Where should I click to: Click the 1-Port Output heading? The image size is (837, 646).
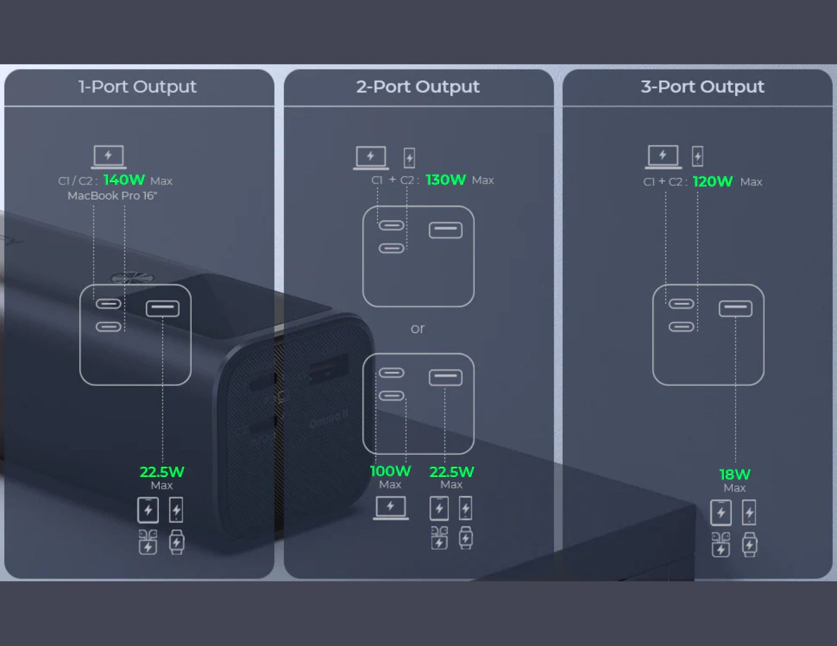[137, 87]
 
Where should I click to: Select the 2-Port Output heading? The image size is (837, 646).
[418, 87]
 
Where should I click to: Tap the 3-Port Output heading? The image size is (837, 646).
[702, 87]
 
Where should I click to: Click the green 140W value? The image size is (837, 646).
[124, 180]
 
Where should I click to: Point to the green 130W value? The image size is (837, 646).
[445, 180]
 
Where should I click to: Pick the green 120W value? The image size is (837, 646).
[712, 182]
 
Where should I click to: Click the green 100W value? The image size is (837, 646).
[390, 471]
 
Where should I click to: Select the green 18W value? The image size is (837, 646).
[734, 475]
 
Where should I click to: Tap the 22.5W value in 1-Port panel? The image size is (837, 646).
[162, 472]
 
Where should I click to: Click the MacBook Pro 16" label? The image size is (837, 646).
[112, 196]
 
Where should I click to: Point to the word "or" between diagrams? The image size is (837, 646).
[418, 329]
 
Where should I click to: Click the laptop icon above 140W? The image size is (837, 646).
[108, 156]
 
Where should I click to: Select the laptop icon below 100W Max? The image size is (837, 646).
[390, 508]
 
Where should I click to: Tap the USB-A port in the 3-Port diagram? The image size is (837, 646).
[736, 309]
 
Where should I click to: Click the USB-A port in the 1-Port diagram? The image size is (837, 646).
[162, 309]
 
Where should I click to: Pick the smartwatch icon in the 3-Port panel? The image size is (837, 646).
[750, 545]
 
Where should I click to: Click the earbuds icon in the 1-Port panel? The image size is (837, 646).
[148, 542]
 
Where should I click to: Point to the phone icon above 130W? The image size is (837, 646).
[410, 157]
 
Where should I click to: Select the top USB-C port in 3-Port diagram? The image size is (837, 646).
[681, 304]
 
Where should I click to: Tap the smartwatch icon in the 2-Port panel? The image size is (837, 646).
[466, 538]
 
